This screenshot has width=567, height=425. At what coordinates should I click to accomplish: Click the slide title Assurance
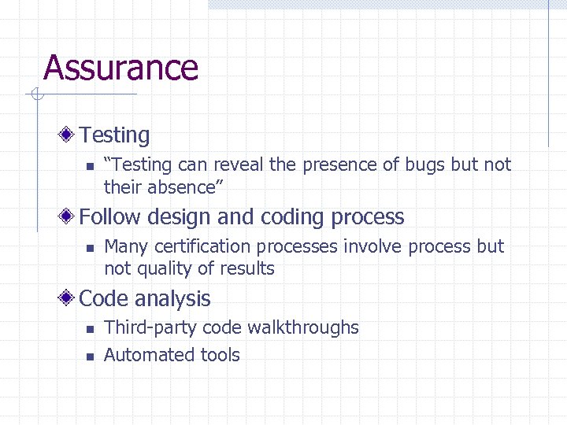click(x=120, y=68)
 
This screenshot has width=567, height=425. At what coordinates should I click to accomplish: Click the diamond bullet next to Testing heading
click(x=69, y=135)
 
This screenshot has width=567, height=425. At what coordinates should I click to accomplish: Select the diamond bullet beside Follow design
click(x=69, y=216)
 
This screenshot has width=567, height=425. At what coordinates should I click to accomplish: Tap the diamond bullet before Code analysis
click(x=69, y=298)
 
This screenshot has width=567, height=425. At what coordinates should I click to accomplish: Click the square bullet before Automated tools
click(x=90, y=357)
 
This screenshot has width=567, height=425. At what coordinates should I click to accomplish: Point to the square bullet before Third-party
click(x=90, y=329)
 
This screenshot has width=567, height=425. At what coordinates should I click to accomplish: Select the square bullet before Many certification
click(x=90, y=248)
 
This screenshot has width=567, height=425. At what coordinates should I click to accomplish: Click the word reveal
click(x=237, y=164)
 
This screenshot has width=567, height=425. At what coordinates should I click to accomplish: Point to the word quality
click(x=167, y=269)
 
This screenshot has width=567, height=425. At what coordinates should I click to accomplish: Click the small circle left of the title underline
click(x=35, y=95)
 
